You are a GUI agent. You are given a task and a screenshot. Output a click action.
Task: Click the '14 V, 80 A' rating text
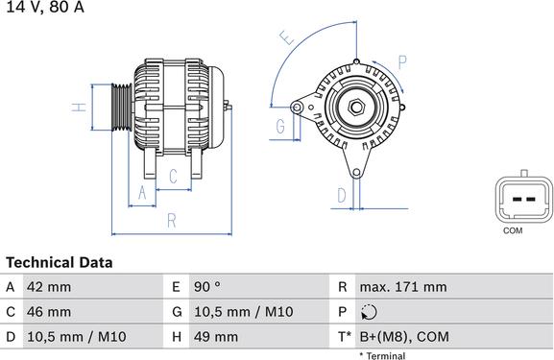coord(44,8)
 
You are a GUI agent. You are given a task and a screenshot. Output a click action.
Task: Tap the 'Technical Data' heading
coord(59,262)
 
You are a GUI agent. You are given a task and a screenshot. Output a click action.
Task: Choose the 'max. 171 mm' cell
coord(403,287)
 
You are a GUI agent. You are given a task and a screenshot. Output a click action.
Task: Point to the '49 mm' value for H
coord(218,337)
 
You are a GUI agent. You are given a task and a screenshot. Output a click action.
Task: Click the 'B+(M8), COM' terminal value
coord(404,337)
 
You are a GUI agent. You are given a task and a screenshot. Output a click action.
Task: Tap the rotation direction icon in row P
coord(371,312)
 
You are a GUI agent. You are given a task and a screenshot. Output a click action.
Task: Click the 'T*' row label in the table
coord(343,337)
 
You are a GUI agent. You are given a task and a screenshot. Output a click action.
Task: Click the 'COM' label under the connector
coord(514,231)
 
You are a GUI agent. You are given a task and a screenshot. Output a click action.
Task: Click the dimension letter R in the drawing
coord(171,221)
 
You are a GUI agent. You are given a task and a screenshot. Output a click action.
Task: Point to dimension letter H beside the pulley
coord(82,108)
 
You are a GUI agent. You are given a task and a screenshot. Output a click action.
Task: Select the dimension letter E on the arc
coord(285,39)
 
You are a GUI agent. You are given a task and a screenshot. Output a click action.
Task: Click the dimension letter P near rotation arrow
coord(401,61)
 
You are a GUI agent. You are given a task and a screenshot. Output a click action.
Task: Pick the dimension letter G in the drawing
coord(280,127)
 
